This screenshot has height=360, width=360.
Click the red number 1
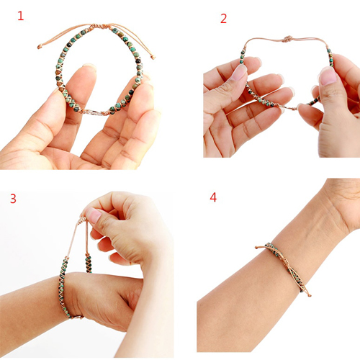pos(21,16)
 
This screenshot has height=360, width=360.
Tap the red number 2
pos(223,19)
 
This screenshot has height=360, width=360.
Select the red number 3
pos(13,199)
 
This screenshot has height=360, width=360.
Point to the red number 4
pos(213,197)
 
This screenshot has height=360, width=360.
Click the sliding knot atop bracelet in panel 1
pos(99,26)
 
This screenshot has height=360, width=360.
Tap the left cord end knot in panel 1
pos(39,46)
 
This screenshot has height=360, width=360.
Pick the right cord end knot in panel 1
pos(153,57)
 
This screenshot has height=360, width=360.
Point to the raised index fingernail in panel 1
pos(89,66)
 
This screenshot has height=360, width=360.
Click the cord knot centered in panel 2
pos(287,39)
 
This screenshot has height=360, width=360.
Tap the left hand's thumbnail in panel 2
pos(239,73)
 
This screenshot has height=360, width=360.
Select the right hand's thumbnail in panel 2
pos(328,76)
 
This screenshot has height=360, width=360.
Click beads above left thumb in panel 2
pos(243,57)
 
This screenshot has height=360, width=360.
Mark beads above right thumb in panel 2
pos(330,55)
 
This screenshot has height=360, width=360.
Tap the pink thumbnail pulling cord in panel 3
pos(94,215)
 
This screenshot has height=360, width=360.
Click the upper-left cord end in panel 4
pos(256,247)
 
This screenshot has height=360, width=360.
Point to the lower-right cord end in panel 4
pos(310,295)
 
